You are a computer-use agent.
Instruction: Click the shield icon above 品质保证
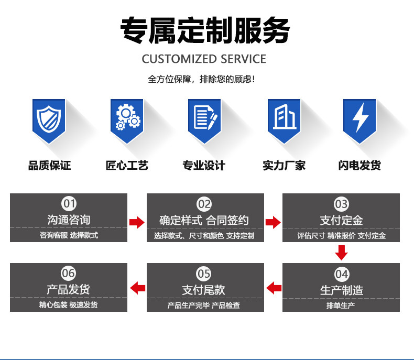(x=49, y=119)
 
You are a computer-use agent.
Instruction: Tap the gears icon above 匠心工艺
(x=128, y=117)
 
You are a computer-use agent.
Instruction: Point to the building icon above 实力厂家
(x=285, y=116)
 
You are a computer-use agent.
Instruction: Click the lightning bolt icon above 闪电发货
(x=360, y=117)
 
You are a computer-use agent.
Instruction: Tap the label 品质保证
(x=49, y=166)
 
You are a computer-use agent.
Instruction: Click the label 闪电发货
(x=359, y=166)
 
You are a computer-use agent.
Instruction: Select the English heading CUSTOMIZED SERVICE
(x=204, y=59)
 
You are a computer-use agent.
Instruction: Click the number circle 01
(x=69, y=204)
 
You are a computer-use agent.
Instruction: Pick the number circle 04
(x=341, y=274)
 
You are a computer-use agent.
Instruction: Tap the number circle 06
(x=68, y=273)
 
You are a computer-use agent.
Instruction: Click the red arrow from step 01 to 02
(x=137, y=222)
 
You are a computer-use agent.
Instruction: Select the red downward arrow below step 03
(x=341, y=253)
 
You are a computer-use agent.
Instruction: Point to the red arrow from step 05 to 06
(x=137, y=288)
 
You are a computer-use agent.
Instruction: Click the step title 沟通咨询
(x=69, y=220)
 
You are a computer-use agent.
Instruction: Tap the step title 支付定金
(x=341, y=221)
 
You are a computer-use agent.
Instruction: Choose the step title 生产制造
(x=342, y=290)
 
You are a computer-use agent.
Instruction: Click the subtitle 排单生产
(x=341, y=306)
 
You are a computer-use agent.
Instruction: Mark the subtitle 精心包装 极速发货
(x=68, y=305)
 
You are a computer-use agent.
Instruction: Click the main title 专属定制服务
(x=205, y=30)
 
